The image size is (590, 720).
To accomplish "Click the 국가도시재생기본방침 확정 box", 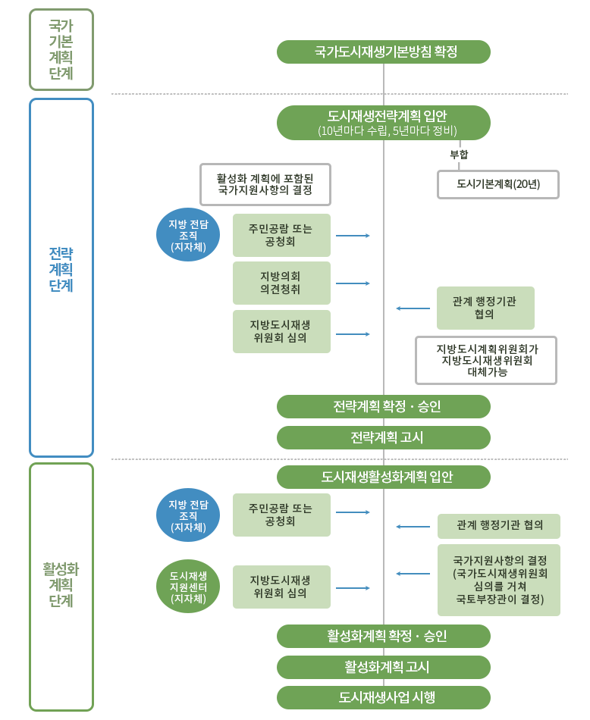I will (383, 52).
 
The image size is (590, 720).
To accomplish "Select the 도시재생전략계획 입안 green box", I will (383, 123).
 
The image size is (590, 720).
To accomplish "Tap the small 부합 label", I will (459, 155).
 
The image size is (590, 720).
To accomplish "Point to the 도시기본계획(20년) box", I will (497, 184).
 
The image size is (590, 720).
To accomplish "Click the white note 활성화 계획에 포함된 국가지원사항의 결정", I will (265, 184).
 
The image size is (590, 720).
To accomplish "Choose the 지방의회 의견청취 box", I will (281, 283).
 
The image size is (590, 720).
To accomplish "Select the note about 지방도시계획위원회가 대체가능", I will (486, 360).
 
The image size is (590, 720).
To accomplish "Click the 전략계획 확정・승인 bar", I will (383, 407).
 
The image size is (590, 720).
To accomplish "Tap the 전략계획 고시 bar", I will (383, 438).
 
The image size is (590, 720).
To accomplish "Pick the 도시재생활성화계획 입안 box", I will (383, 477).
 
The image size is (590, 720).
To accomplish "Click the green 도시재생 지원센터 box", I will (187, 587).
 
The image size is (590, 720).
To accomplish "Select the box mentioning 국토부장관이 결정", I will (499, 579).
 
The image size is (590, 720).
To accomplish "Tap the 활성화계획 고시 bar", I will (383, 668).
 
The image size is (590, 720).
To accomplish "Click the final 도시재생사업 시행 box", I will (383, 697).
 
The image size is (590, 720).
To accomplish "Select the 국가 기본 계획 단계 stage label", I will (61, 50).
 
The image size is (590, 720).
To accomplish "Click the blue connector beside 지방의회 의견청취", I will (353, 283).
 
